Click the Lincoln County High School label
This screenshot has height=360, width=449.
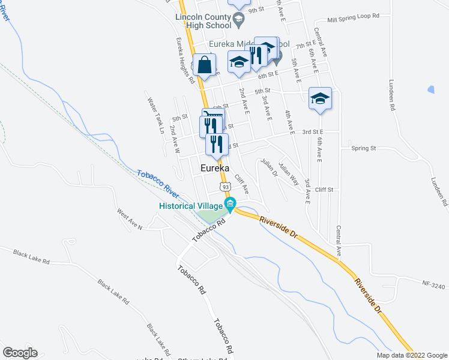pos(203,22)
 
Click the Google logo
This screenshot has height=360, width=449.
pos(19,353)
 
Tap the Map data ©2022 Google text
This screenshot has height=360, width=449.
pos(411,355)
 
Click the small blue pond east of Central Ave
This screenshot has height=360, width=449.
pos(430,90)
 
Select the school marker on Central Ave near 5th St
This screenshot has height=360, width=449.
pos(320,98)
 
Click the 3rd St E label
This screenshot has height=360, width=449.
pos(313,131)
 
